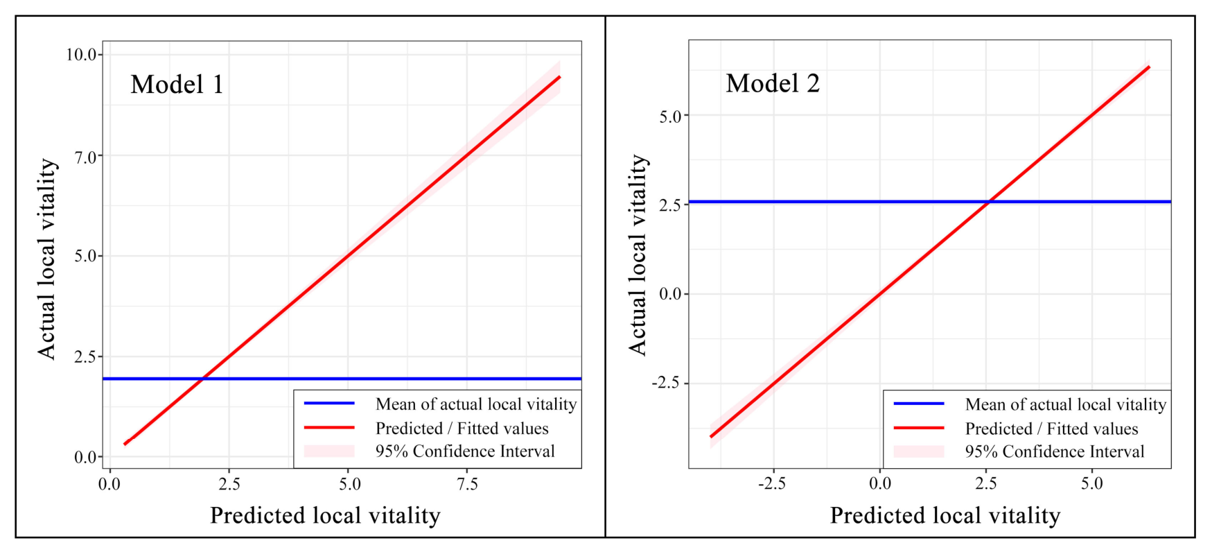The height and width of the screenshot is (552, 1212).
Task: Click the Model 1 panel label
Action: click(177, 85)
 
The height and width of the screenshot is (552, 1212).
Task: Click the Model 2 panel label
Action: click(773, 83)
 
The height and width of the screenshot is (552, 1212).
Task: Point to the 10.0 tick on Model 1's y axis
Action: click(82, 55)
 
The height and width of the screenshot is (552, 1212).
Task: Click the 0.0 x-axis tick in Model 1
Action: click(109, 484)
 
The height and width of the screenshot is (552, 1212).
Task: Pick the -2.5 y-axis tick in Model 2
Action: click(667, 383)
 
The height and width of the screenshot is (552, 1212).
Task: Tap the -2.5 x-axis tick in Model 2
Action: click(771, 484)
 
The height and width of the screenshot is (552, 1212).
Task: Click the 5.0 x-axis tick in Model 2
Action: click(1092, 484)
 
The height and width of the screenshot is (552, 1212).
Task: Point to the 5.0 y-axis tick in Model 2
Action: click(671, 117)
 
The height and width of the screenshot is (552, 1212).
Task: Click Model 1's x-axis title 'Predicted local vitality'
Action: click(325, 515)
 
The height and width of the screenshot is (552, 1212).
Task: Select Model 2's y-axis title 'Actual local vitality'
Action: click(638, 255)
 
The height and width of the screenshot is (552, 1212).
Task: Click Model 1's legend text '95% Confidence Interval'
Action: click(465, 451)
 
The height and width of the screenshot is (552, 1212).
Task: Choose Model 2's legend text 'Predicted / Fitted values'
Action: click(1052, 429)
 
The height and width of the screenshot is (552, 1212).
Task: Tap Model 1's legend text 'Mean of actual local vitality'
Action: click(476, 404)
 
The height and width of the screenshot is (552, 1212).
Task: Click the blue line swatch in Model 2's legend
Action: click(919, 404)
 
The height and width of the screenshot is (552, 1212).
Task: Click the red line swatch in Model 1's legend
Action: click(329, 428)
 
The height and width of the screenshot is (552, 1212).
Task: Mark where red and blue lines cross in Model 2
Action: click(990, 202)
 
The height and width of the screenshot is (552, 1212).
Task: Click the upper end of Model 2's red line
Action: click(1149, 67)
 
